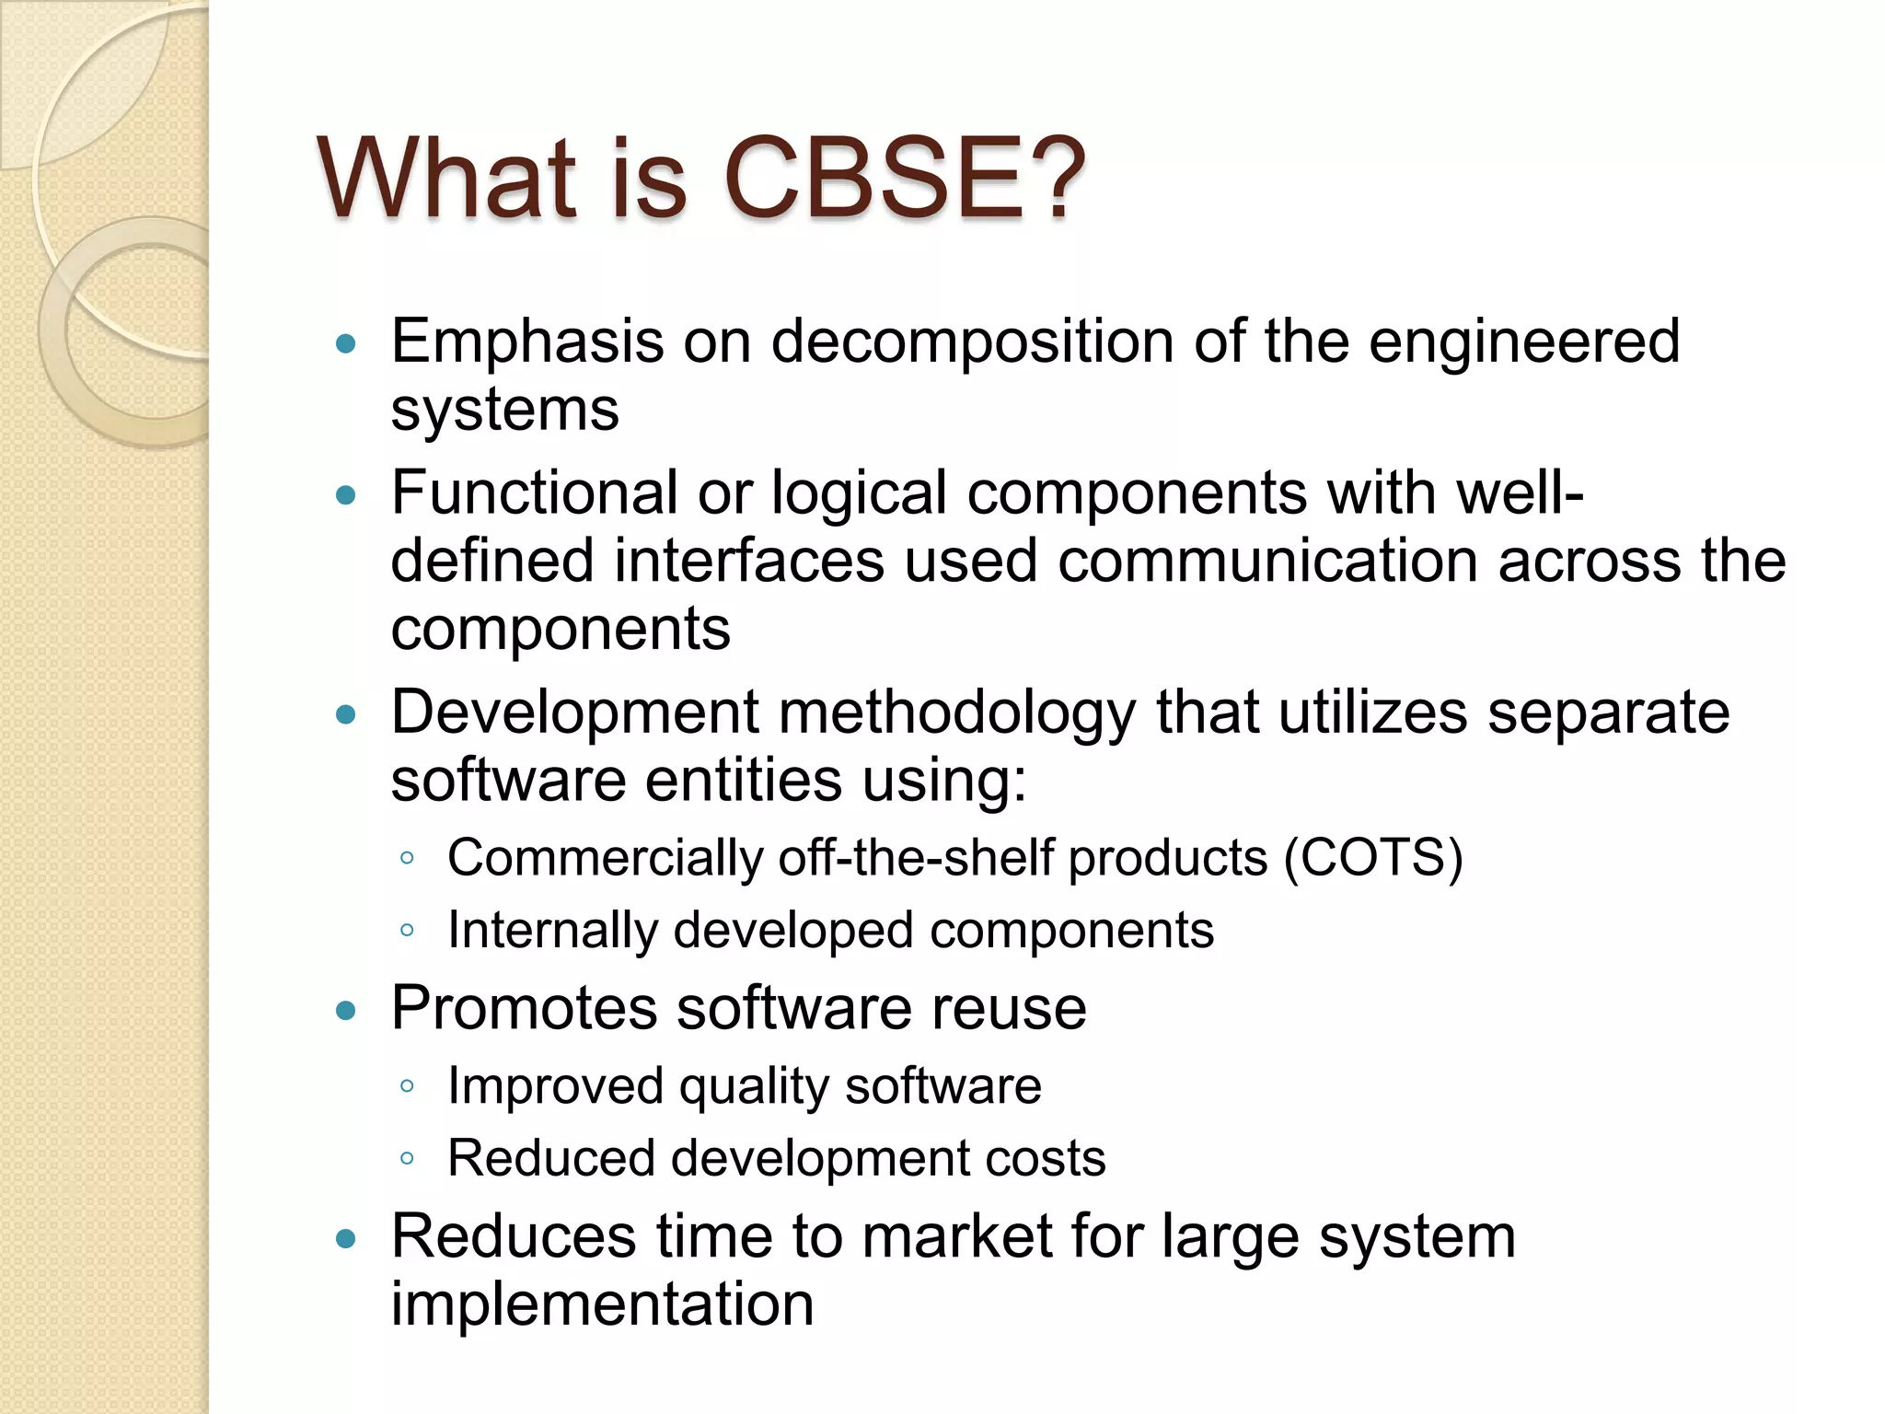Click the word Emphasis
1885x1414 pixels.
tap(526, 342)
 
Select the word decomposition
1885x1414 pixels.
tap(972, 342)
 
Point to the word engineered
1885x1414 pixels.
tap(1524, 342)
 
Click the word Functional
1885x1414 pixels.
tap(534, 493)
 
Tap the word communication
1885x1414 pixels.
tap(1267, 561)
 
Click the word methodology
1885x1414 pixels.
tap(957, 713)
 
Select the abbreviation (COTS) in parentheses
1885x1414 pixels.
tap(1373, 858)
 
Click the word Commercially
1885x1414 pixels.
tap(605, 858)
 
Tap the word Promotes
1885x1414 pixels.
tap(524, 1008)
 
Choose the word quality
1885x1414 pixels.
tap(754, 1086)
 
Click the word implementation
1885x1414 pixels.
tap(602, 1304)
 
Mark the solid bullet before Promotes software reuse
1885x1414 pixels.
tap(346, 1012)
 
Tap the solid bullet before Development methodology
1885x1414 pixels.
tap(346, 715)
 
